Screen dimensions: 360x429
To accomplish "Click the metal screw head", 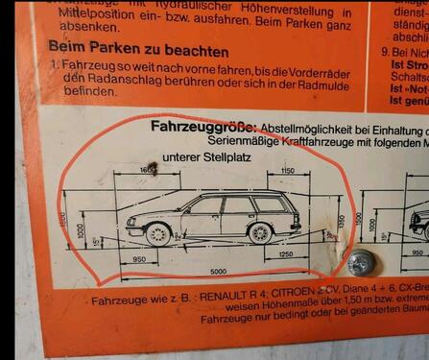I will [364, 262].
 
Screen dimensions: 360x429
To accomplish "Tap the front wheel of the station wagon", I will [159, 233].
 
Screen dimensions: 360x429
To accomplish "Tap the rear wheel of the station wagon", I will [259, 232].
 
